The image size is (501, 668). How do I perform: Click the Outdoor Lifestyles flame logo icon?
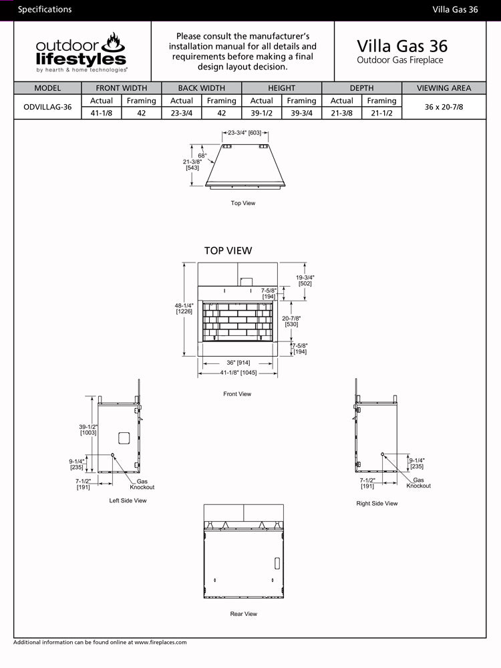(113, 42)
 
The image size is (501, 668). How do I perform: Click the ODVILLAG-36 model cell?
(47, 107)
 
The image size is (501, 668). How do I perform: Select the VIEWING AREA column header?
(444, 88)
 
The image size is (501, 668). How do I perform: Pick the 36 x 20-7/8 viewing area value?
(444, 107)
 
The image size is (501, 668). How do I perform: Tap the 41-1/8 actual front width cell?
(102, 114)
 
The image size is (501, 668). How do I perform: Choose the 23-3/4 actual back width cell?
(182, 114)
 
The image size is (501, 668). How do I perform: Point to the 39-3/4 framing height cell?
(302, 114)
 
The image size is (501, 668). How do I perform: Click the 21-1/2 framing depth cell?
(381, 114)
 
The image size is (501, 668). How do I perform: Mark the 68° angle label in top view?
(202, 156)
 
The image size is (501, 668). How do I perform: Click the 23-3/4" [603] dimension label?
(244, 133)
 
